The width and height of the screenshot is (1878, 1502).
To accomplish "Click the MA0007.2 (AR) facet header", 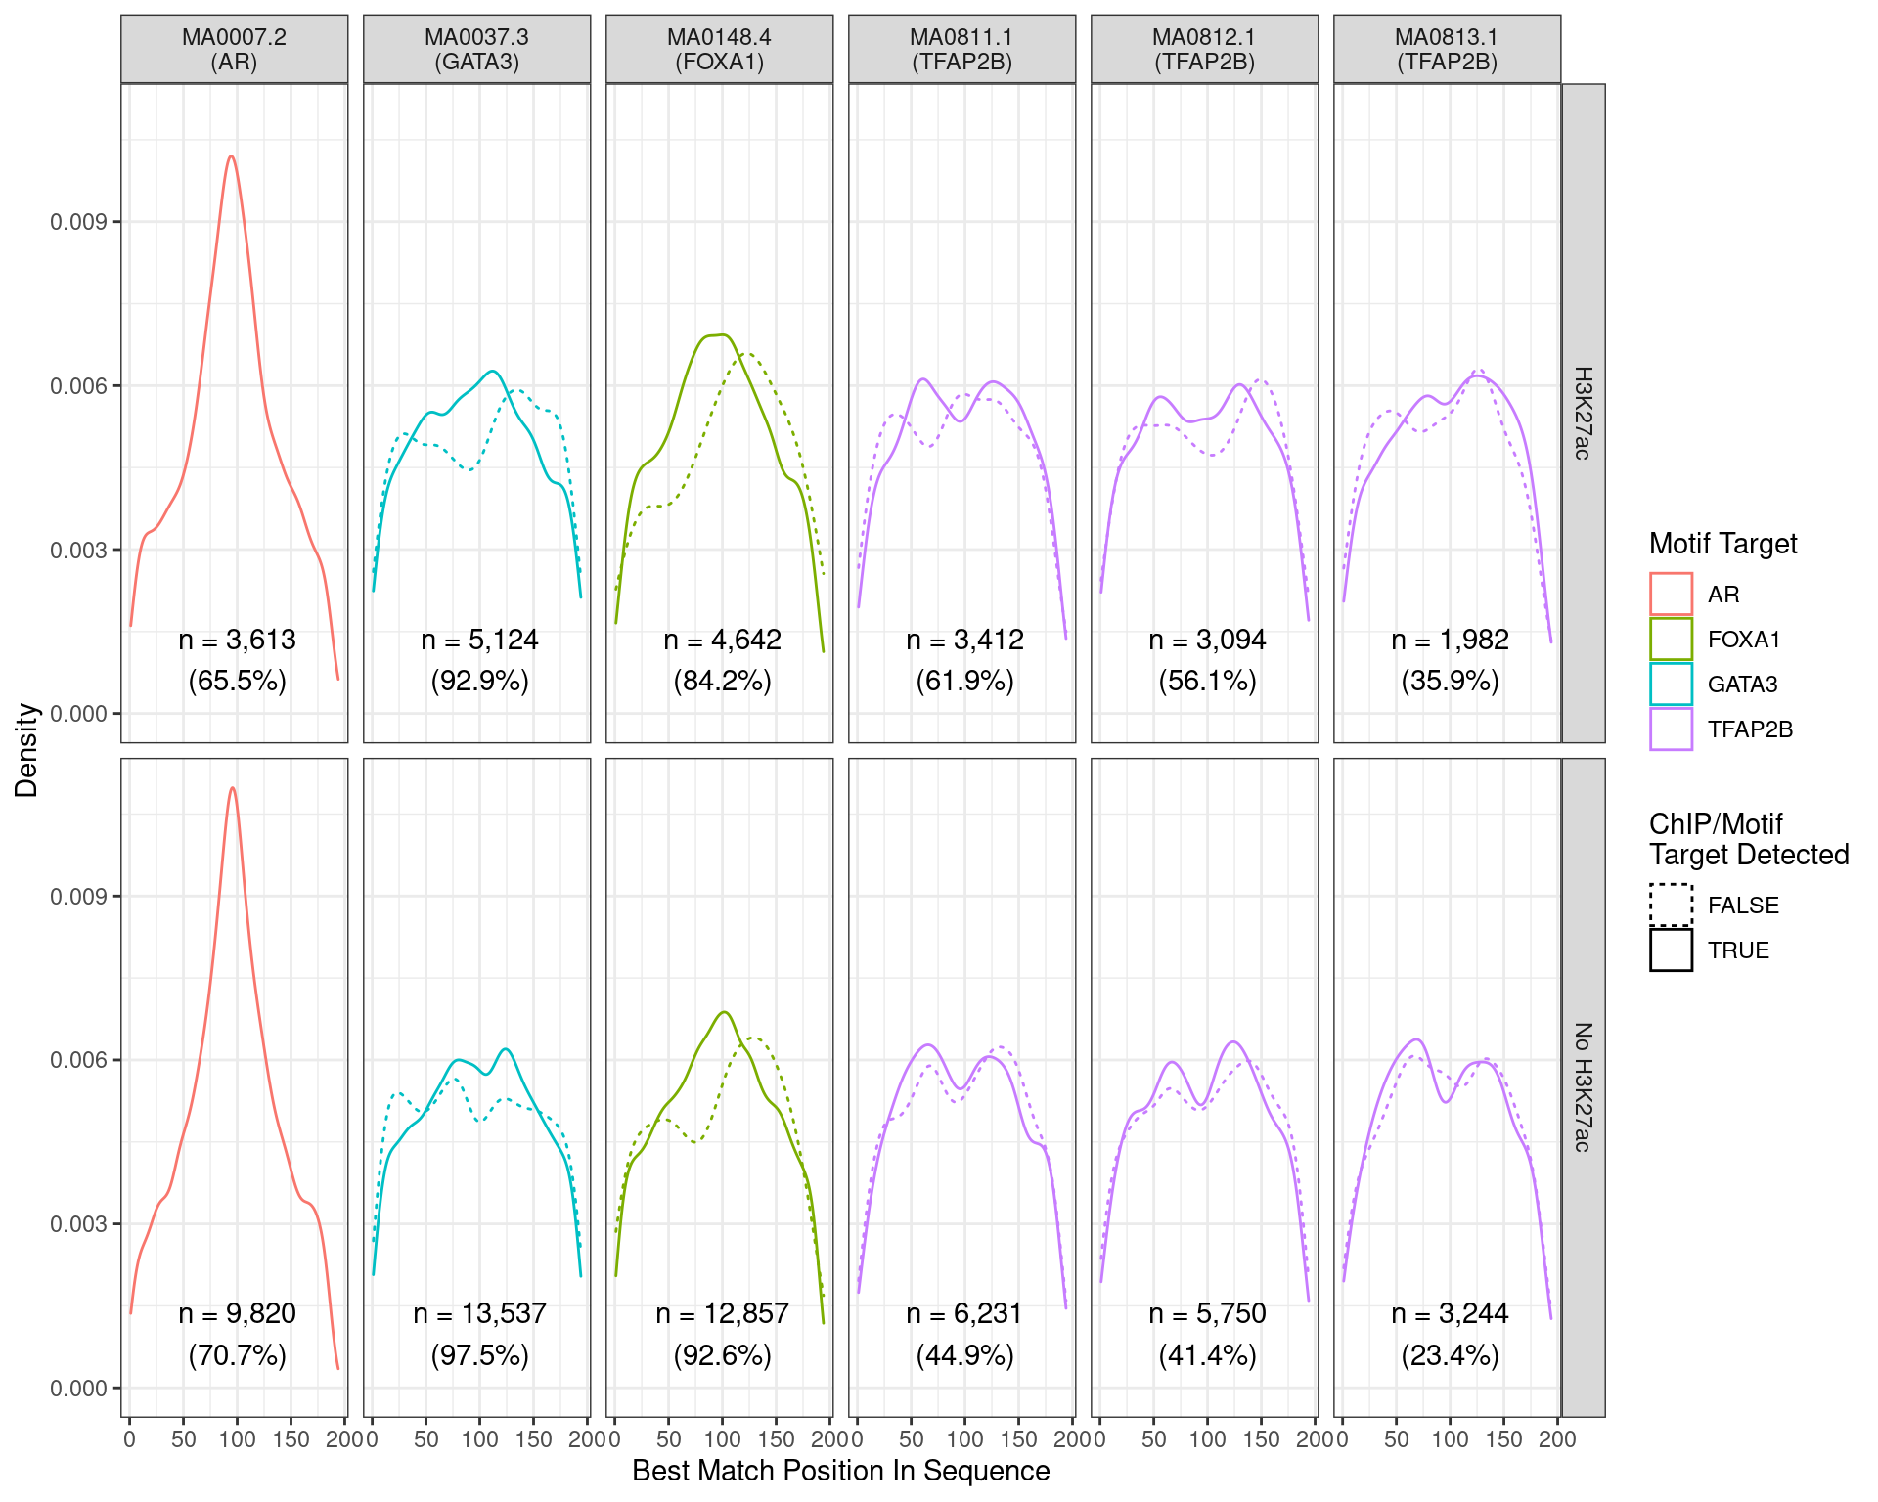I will [x=234, y=49].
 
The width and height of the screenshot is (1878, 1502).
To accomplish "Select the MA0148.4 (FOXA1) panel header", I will [x=719, y=49].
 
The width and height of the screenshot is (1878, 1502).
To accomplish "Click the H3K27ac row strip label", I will [x=1583, y=413].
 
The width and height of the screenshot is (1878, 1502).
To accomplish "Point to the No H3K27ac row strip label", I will [x=1583, y=1086].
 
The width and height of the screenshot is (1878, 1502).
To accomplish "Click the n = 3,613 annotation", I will [x=237, y=640].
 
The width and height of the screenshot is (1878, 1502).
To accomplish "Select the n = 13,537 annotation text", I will [x=479, y=1313].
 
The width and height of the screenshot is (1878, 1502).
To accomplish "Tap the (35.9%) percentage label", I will [x=1450, y=681].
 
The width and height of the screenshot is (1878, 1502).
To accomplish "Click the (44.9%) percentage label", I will [x=964, y=1355].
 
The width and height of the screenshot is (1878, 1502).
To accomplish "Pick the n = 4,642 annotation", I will [x=722, y=640].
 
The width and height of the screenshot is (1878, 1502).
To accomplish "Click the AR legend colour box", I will [x=1671, y=594].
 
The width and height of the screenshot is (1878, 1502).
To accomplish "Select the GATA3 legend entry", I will [x=1742, y=685].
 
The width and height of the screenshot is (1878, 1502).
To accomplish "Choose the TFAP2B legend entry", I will [x=1750, y=729].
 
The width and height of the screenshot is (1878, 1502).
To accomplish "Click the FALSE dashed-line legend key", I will [x=1671, y=905].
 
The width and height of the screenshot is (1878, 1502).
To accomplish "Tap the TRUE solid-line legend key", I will [x=1671, y=950].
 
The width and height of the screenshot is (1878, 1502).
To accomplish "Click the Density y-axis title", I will [x=26, y=750].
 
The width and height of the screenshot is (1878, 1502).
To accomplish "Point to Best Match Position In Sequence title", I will [x=840, y=1471].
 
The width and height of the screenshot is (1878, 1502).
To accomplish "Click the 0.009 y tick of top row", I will [x=78, y=222].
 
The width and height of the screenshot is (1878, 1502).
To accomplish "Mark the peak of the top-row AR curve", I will [x=231, y=156].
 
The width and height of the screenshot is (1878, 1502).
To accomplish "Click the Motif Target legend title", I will [x=1722, y=544].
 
